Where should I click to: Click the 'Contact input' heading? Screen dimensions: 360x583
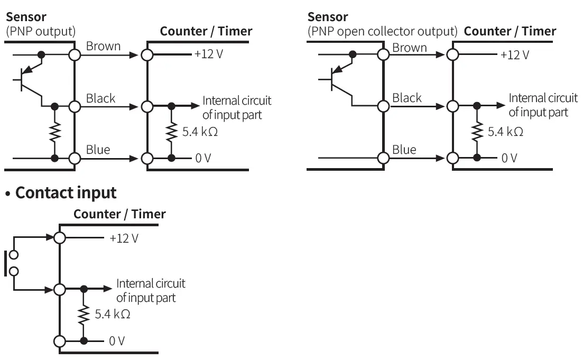66,193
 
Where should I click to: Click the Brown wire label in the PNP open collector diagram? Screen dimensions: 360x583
409,48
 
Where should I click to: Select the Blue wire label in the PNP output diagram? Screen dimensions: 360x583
98,150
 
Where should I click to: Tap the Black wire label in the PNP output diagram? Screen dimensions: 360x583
100,98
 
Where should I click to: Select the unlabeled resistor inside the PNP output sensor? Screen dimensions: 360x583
54,132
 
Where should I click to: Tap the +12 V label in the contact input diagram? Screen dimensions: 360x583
124,238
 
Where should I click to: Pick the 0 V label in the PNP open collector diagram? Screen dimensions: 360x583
509,158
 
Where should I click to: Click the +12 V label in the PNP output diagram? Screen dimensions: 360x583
208,54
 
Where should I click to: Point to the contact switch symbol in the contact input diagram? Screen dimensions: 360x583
12,263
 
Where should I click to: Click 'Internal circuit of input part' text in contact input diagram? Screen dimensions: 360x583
151,291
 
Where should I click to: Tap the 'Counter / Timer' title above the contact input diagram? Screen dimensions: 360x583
119,214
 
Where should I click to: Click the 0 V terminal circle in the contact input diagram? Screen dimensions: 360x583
60,340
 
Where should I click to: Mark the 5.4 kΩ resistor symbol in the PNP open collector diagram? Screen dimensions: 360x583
478,132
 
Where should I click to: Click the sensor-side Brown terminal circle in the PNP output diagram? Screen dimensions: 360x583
75,54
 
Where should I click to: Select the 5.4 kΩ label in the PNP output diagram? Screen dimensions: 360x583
200,132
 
